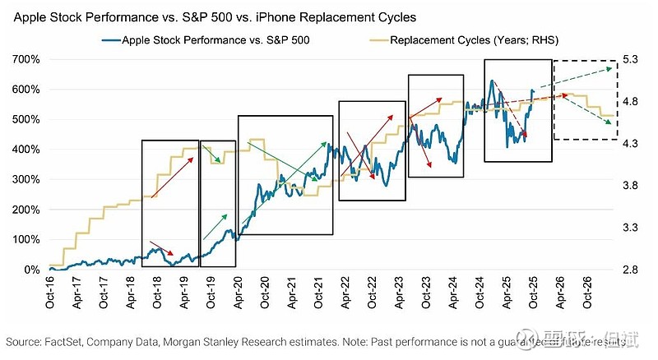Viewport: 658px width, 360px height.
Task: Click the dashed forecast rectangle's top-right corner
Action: click(x=618, y=60)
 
